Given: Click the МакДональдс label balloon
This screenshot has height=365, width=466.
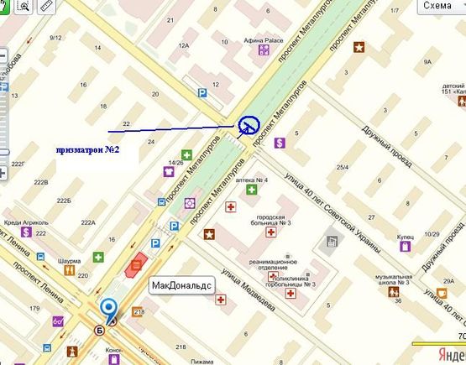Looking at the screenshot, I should click(182, 285).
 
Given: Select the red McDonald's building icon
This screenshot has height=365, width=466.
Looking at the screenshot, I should click(134, 266).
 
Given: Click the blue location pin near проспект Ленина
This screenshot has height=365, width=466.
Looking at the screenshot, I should click(108, 308).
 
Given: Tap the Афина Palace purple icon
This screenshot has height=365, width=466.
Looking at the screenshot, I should click(264, 50).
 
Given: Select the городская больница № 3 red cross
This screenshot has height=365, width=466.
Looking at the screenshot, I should click(270, 232).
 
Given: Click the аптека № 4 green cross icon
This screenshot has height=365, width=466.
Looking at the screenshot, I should click(250, 190).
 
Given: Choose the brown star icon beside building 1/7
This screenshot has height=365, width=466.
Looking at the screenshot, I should click(360, 47).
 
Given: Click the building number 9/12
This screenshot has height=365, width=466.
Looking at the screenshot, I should click(57, 38).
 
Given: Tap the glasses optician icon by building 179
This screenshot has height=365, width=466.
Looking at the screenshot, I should click(59, 321).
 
